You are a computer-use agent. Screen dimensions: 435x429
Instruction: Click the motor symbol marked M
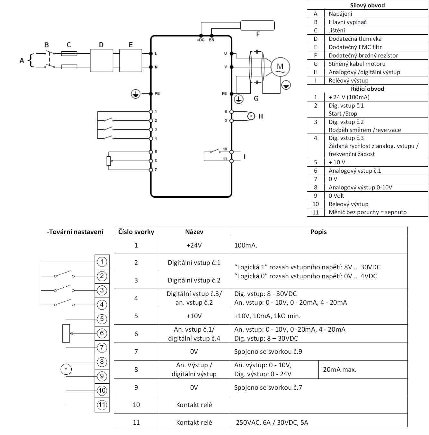280,67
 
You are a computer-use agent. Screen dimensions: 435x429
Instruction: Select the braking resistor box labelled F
257,25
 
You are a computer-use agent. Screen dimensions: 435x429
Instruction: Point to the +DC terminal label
201,40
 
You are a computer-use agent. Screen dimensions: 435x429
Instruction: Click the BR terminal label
211,40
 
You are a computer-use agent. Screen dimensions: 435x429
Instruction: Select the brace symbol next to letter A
31,60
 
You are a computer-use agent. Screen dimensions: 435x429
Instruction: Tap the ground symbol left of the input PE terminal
136,94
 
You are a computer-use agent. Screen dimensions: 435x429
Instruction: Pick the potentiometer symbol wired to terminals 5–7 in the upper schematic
109,161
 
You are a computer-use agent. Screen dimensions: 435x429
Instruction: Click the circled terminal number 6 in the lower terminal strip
102,333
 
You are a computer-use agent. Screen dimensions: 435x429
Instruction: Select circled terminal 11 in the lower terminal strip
102,405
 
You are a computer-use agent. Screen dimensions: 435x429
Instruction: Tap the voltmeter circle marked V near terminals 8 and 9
66,369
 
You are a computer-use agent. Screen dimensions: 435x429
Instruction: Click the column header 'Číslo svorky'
136,232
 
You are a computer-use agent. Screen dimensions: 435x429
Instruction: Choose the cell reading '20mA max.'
340,370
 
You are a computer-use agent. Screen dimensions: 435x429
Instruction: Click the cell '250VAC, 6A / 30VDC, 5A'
272,422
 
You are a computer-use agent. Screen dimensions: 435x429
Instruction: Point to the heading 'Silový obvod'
367,5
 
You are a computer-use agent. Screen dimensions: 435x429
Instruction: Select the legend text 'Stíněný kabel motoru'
357,64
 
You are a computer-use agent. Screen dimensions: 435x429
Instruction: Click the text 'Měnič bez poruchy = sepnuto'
367,212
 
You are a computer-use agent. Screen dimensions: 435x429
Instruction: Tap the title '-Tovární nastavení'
75,232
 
